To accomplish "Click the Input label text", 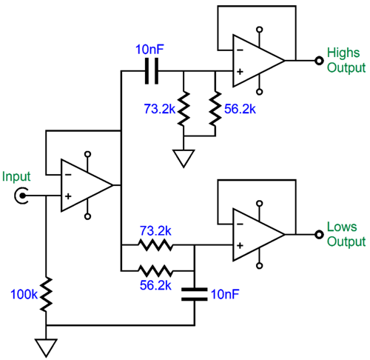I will pyautogui.click(x=16, y=176).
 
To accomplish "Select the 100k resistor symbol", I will pyautogui.click(x=46, y=293).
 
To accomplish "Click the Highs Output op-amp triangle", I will pyautogui.click(x=256, y=59).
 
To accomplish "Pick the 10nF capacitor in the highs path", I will pyautogui.click(x=152, y=71).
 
